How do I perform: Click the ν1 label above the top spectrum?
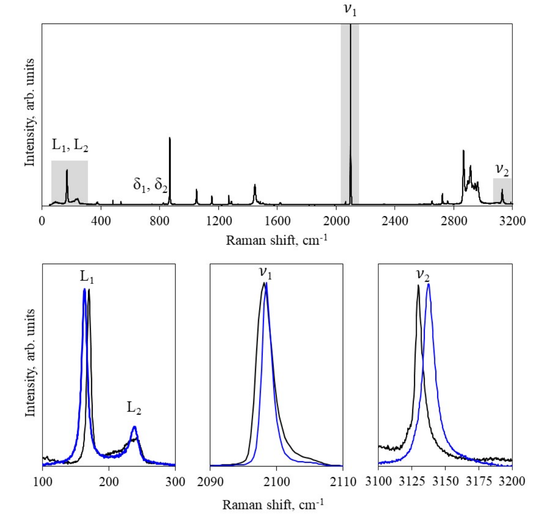click(350, 9)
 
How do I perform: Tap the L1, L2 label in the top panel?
click(70, 145)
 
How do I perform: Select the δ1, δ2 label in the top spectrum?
click(150, 184)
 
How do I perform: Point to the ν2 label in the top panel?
click(502, 170)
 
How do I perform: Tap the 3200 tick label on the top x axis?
click(512, 221)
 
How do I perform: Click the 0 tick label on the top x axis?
click(42, 221)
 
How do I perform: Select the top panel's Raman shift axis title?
click(277, 240)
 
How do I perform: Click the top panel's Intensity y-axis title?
click(29, 112)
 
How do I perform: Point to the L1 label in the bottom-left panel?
click(87, 277)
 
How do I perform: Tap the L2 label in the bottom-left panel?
click(134, 407)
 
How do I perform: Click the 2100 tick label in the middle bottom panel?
click(276, 482)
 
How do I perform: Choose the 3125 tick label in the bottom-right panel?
click(411, 482)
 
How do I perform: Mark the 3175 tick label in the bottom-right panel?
click(479, 482)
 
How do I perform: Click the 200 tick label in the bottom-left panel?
click(109, 482)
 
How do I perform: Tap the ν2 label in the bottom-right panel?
click(423, 275)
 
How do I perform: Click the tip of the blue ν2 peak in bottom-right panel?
click(428, 284)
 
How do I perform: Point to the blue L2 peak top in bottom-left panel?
click(134, 427)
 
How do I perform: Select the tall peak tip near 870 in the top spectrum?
click(170, 138)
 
